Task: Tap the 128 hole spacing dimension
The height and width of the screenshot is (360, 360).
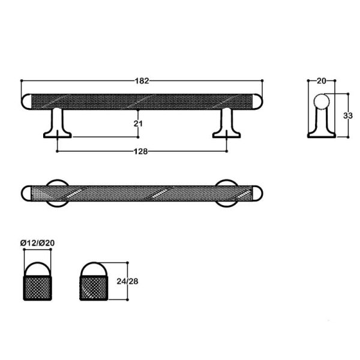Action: (x=142, y=151)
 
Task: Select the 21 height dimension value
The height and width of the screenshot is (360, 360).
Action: (x=137, y=123)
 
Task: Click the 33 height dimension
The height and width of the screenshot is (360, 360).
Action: (x=347, y=116)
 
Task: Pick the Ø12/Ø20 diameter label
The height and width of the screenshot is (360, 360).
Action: (x=38, y=242)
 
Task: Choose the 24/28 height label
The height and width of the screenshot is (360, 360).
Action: (x=142, y=281)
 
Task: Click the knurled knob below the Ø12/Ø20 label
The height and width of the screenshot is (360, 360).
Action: (x=38, y=287)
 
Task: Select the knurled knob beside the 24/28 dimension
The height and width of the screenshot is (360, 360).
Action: (x=94, y=287)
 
